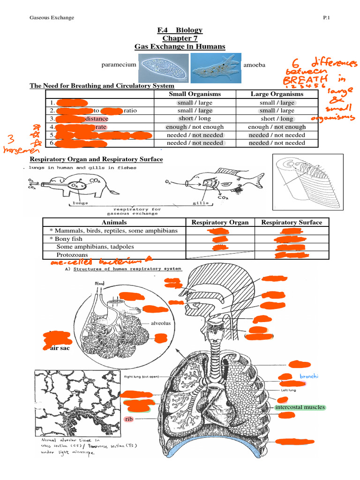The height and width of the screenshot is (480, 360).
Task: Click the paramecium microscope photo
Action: pyautogui.click(x=164, y=66)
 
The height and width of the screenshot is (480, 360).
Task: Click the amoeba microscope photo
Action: pyautogui.click(x=215, y=66)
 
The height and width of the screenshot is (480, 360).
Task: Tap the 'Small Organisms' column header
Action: pyautogui.click(x=195, y=94)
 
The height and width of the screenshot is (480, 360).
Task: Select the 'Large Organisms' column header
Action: pyautogui.click(x=277, y=94)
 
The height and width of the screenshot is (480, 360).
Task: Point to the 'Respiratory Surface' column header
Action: pyautogui.click(x=292, y=222)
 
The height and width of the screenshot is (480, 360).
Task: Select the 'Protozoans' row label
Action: pyautogui.click(x=72, y=255)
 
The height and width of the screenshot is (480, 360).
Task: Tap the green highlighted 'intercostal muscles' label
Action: pyautogui.click(x=300, y=407)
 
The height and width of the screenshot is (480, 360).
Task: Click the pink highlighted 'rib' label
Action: pyautogui.click(x=128, y=419)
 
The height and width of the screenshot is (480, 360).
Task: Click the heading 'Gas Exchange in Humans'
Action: pyautogui.click(x=180, y=46)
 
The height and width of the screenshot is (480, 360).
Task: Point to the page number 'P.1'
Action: pyautogui.click(x=327, y=18)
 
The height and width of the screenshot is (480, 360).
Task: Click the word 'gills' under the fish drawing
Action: pyautogui.click(x=200, y=203)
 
